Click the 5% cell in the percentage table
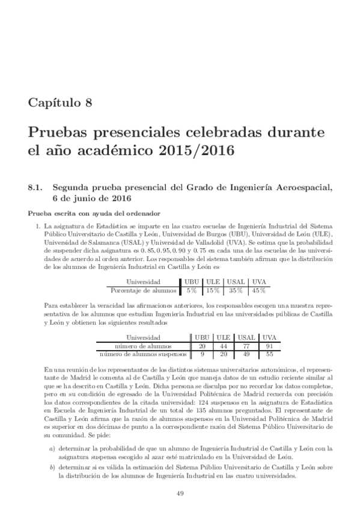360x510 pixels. click(192, 290)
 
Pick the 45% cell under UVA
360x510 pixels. click(259, 290)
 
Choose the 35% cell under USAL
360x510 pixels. click(236, 290)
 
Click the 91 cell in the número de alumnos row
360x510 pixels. click(269, 346)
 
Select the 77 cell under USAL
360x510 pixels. click(245, 346)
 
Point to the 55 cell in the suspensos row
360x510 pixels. click(269, 355)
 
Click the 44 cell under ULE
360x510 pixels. click(223, 346)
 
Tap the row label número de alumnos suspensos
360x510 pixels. click(143, 355)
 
